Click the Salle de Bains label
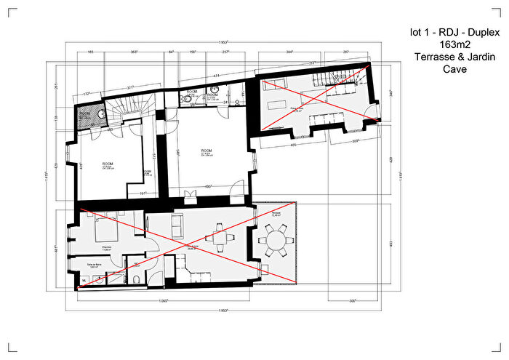click(x=93, y=265)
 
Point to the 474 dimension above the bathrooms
click(x=216, y=76)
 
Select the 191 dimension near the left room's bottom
click(x=143, y=193)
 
